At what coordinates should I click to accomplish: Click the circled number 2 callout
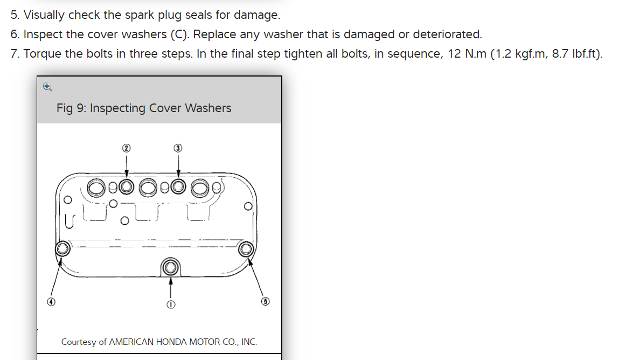127,147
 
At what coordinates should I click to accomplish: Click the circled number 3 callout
178,147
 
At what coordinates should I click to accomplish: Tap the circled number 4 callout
51,302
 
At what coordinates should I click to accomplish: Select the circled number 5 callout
265,302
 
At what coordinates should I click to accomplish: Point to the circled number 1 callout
171,304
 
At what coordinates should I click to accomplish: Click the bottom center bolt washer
171,266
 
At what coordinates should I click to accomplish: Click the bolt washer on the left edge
62,248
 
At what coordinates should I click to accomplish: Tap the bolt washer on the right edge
246,248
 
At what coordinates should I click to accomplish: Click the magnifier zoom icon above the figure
47,86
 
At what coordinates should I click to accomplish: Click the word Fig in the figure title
64,108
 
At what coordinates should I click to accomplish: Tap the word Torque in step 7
41,54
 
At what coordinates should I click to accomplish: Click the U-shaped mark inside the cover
69,220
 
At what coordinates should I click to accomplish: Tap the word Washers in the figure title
208,108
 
